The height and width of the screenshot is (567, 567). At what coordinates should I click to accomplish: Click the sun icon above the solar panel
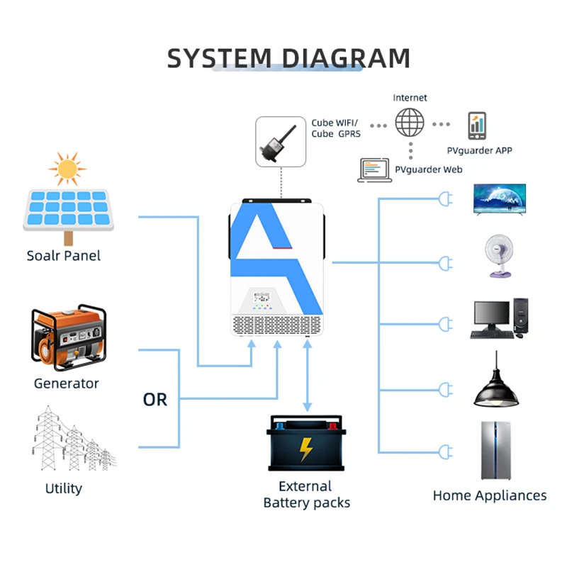[67, 169]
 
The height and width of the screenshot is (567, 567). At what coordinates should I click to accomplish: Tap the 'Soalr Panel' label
[64, 256]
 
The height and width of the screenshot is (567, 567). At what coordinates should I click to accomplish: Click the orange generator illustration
[68, 339]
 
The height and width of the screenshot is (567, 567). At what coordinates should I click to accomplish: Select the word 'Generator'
[66, 383]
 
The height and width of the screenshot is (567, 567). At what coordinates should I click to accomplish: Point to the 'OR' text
[155, 400]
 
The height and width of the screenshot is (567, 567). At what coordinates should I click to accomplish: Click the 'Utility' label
[64, 488]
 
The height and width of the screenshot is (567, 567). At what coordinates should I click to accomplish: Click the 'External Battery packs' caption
[306, 494]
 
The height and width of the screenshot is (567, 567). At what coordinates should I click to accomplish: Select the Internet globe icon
[410, 122]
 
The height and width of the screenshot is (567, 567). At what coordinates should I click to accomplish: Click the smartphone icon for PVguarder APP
[477, 126]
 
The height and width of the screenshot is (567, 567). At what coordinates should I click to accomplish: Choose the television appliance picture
[500, 198]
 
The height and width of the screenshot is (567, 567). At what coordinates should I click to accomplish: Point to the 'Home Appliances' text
[490, 495]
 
